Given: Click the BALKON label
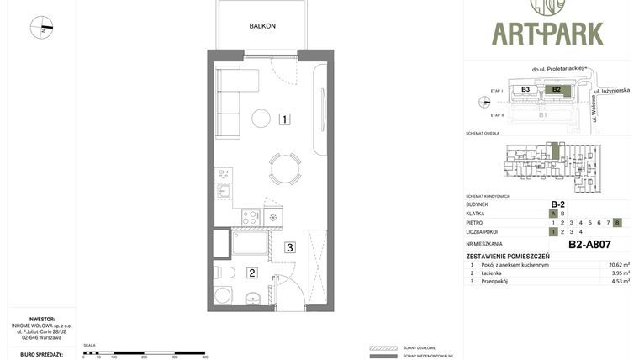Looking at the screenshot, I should coord(261,26).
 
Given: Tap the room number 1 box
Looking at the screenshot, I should coord(286,119).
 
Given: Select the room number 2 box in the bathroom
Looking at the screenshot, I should coord(251,273).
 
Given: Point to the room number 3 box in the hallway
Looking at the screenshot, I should coord(289,247).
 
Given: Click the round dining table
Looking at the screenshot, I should coord(285,167).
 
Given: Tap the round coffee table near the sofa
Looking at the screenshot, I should coord(261,119).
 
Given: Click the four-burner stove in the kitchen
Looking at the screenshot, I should coord(251,217).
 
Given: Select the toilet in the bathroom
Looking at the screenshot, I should coord(224,272).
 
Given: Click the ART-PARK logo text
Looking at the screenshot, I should coord(547,34).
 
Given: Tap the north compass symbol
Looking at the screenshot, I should coord(41,28).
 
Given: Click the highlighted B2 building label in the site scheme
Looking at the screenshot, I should coord(556,89).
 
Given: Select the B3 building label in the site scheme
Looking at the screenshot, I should coord(525,89).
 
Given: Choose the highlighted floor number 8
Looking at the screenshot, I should coord(617,222).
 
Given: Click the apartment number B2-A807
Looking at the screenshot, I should coord(589,245).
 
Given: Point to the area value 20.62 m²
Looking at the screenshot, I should coord(619,265).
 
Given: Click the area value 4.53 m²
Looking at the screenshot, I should coord(620,282).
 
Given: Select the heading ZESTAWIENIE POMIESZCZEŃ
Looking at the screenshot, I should coord(508,256).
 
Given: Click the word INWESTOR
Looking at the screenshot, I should coord(41,319).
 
